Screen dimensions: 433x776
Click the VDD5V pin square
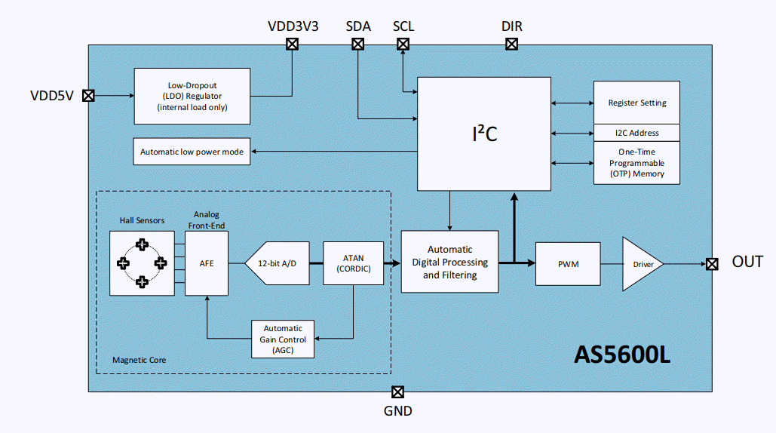pos(88,96)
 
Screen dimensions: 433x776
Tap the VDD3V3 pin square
pos(292,45)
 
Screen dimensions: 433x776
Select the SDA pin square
pos(358,45)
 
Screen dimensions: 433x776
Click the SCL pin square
pos(403,45)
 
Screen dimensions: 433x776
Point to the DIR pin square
pos(511,45)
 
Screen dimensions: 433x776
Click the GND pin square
pos(397,392)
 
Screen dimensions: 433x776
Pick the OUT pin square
pos(712,263)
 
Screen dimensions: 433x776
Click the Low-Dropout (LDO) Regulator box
pos(192,96)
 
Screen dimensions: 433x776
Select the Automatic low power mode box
pos(192,152)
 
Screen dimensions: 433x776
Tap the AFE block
pos(206,263)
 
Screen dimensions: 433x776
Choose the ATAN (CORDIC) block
pos(353,263)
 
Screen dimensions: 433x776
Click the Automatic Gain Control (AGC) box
pos(283,339)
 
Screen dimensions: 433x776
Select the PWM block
pos(568,263)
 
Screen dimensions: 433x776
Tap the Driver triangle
pos(640,263)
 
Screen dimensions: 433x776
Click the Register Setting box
pos(636,103)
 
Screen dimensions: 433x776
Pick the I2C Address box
pos(636,133)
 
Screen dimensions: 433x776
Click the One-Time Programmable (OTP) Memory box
pos(636,163)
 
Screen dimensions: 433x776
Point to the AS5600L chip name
pos(622,355)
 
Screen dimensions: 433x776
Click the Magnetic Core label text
pos(139,361)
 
